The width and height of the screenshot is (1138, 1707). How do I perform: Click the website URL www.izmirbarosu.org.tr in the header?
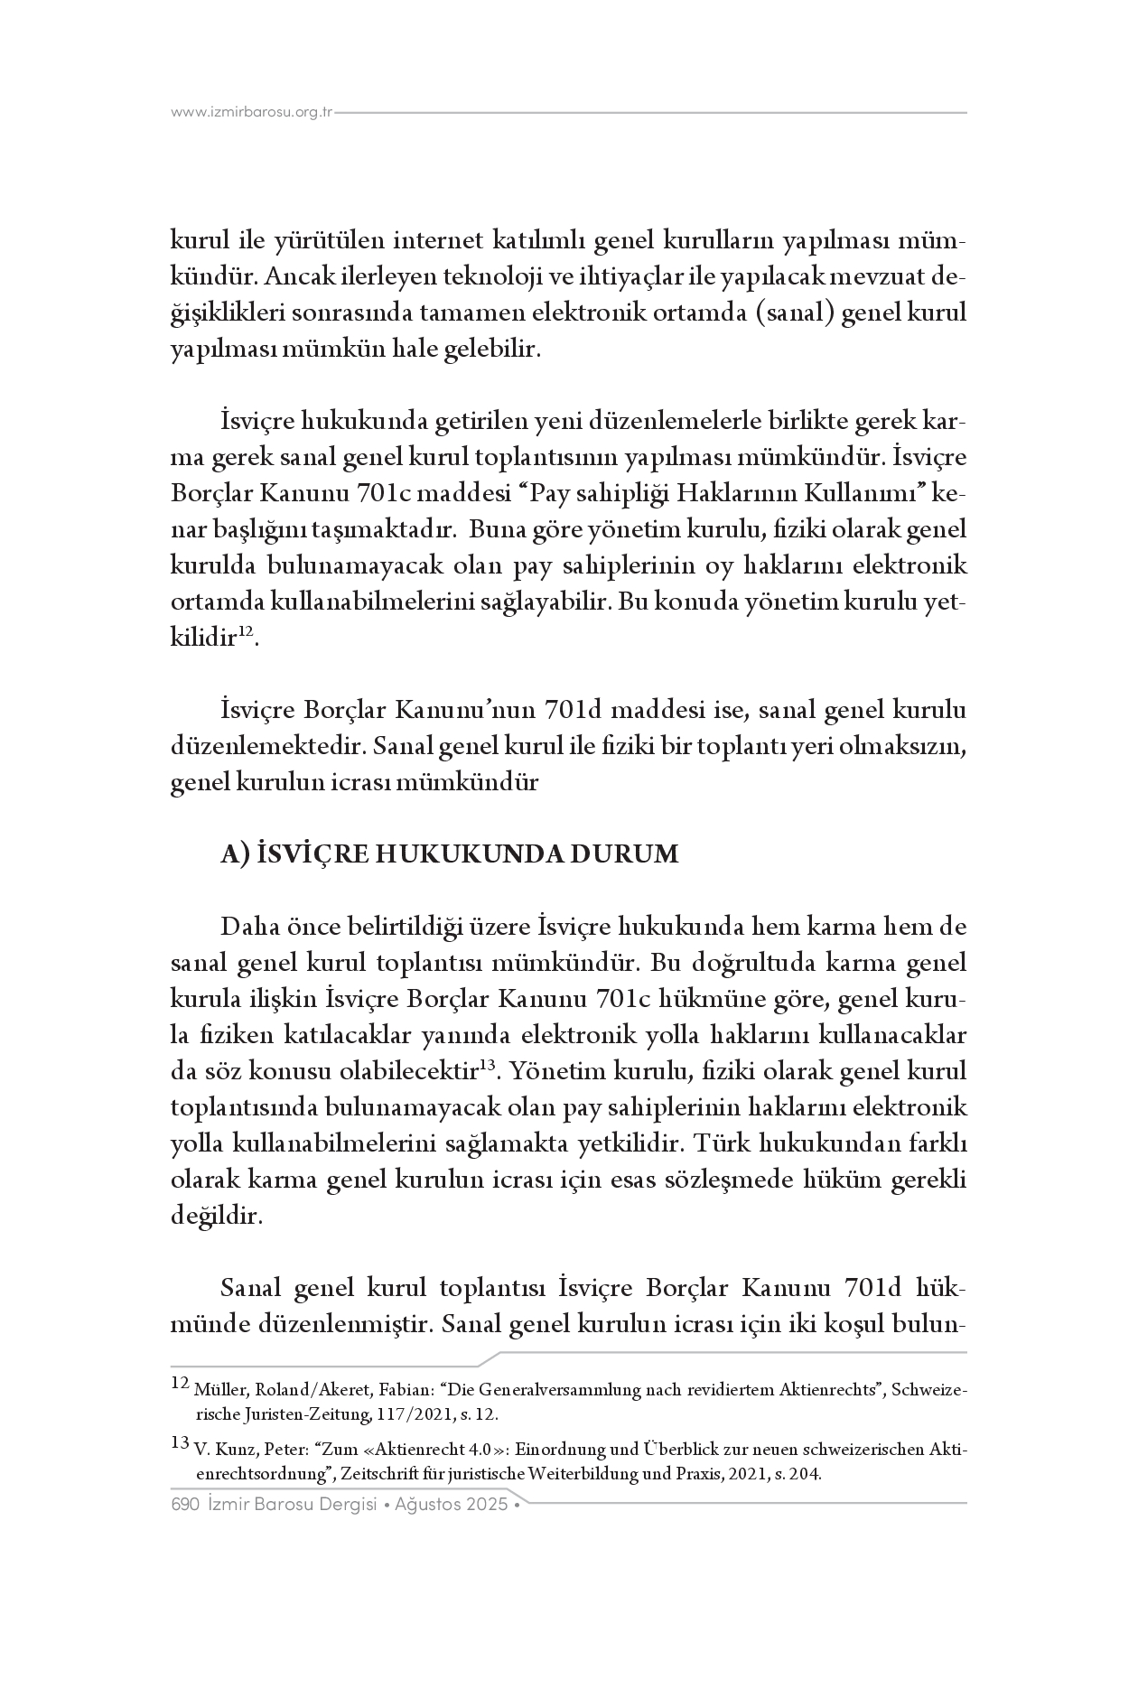pos(252,112)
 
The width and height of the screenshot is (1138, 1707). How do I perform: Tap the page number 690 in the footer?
pos(184,1505)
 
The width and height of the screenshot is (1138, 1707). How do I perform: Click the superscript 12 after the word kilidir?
pos(245,634)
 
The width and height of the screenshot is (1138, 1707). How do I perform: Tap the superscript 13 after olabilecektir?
pos(487,1067)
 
